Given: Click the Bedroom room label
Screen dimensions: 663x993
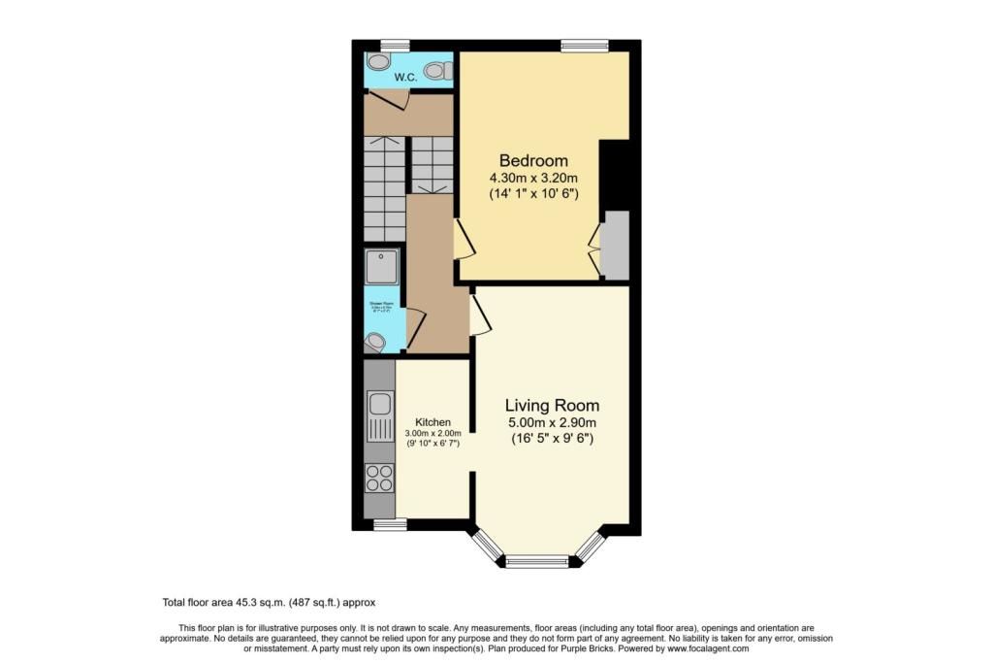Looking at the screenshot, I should [x=533, y=160].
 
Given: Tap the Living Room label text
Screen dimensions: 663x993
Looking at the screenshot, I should [x=552, y=406].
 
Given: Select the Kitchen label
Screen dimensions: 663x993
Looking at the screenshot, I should [x=432, y=422].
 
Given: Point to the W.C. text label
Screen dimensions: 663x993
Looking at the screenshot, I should [x=404, y=78].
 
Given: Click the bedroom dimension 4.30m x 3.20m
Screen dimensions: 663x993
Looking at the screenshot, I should [x=533, y=178].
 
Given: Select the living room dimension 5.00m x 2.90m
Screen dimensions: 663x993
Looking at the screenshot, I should [x=552, y=423].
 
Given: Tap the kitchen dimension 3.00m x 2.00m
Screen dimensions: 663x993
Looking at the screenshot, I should [x=432, y=433].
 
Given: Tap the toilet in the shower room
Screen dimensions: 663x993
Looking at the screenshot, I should [x=375, y=341].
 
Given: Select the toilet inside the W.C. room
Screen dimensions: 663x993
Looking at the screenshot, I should [x=438, y=70].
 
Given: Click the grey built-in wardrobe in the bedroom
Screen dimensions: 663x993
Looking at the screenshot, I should [x=616, y=243].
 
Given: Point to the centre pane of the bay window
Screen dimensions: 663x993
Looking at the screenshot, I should [x=537, y=560].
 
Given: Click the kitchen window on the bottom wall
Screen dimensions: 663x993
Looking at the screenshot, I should [x=390, y=524].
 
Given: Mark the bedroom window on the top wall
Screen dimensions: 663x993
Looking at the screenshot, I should [x=585, y=45].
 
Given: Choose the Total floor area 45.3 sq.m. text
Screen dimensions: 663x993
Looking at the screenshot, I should [x=268, y=603].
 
